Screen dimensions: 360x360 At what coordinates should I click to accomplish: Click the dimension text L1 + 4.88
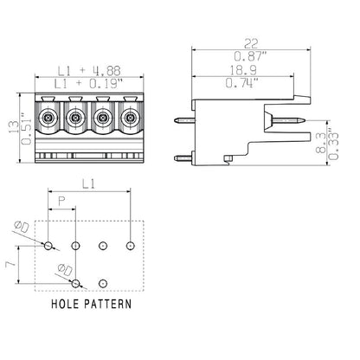coord(87,71)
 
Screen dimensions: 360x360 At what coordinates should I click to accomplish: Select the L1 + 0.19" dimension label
coord(87,84)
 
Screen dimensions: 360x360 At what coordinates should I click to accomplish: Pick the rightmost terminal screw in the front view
coord(131,118)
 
